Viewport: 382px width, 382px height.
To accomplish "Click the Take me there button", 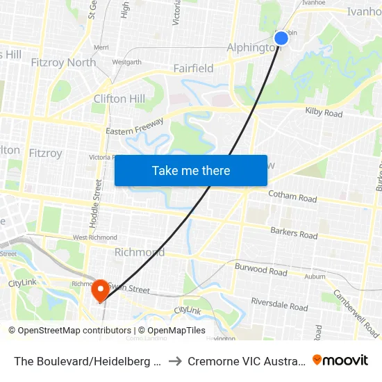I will pos(191,170).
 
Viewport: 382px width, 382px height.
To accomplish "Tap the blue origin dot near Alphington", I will pos(281,38).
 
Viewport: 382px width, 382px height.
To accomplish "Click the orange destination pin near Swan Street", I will pos(101,290).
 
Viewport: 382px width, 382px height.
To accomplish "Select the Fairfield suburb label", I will pos(193,68).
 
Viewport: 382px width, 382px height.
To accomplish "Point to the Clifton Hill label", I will pos(119,99).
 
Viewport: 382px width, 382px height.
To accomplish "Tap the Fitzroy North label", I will pos(63,63).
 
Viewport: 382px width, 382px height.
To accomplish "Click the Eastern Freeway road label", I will pos(135,127).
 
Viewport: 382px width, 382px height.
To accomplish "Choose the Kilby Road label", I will pos(324,113).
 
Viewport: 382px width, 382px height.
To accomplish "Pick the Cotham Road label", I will pos(292,197).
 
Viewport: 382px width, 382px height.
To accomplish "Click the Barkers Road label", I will pos(294,233).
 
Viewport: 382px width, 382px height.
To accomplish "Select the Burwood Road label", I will pos(260,269).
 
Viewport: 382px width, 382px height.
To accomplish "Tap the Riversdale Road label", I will pos(279,305).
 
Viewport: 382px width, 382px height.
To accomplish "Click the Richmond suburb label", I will pos(139,252).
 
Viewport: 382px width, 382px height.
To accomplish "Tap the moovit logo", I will pos(340,360).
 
